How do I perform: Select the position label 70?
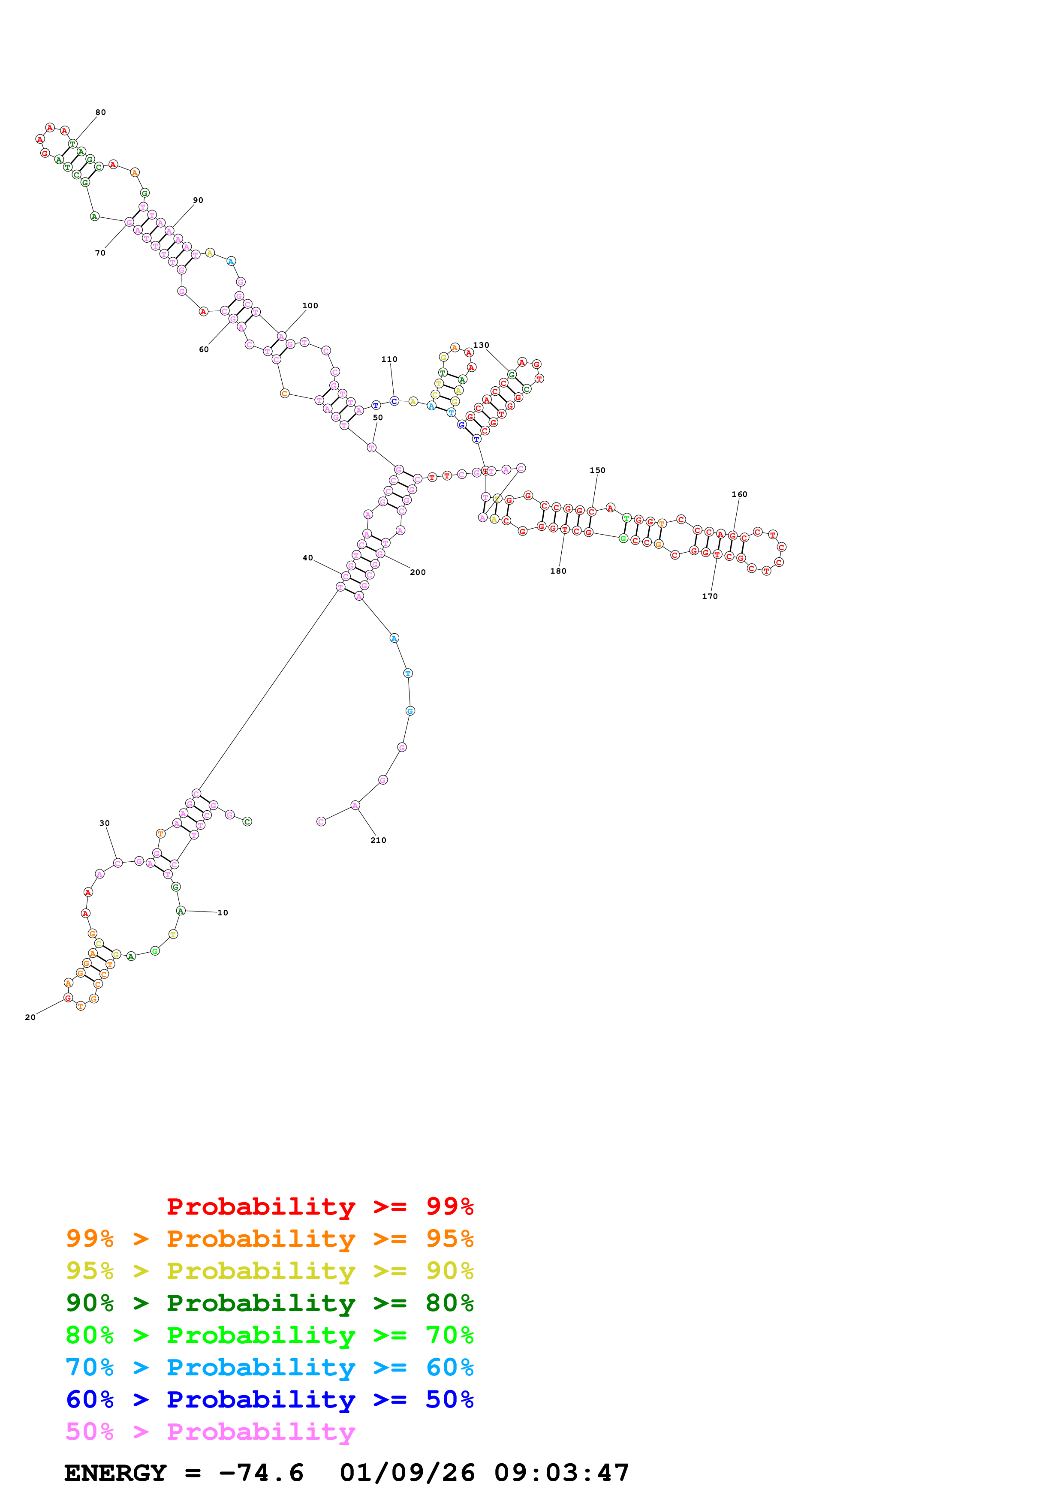(x=100, y=253)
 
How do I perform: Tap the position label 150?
(x=597, y=470)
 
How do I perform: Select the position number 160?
(x=739, y=495)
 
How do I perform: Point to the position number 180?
(x=558, y=571)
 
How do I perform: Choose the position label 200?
(x=417, y=572)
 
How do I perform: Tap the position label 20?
(x=30, y=1017)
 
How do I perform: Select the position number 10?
(x=223, y=912)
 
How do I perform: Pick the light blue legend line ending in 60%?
(x=270, y=1368)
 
